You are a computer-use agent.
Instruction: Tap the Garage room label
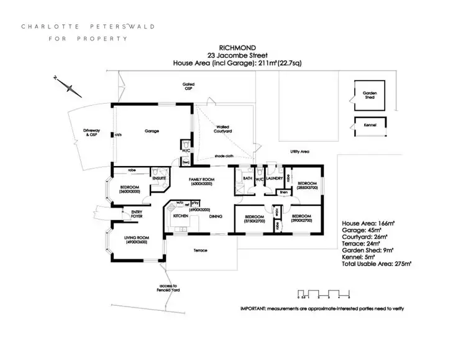point(152,131)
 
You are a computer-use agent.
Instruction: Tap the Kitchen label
point(181,216)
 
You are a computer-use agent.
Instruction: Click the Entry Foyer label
point(137,213)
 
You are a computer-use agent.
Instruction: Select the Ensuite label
point(158,178)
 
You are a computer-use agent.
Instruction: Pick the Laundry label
point(275,179)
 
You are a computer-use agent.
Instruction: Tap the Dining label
point(215,216)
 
